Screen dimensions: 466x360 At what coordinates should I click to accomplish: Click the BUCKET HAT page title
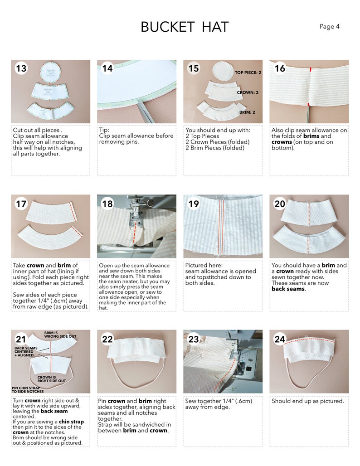pyautogui.click(x=185, y=27)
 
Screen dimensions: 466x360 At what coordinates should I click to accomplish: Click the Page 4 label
pyautogui.click(x=329, y=27)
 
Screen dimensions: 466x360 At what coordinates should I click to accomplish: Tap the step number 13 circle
pyautogui.click(x=21, y=68)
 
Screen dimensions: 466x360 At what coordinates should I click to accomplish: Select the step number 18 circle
pyautogui.click(x=107, y=204)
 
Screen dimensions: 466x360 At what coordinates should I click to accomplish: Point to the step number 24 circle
pyautogui.click(x=279, y=339)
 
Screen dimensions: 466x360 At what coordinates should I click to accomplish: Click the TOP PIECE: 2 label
pyautogui.click(x=248, y=73)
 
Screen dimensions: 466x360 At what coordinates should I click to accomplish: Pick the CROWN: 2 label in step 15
pyautogui.click(x=248, y=92)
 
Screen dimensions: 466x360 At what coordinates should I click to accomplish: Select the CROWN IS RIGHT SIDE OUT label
pyautogui.click(x=52, y=379)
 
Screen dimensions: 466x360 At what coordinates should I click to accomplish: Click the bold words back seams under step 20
pyautogui.click(x=288, y=289)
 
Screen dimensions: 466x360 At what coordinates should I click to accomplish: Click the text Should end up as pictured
pyautogui.click(x=307, y=401)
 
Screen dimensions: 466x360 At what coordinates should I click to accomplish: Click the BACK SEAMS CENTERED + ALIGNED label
pyautogui.click(x=25, y=352)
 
